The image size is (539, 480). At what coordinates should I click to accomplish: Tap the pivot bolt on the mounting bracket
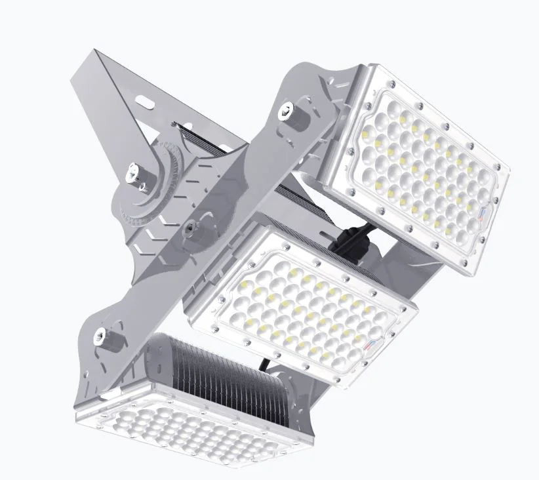[134, 173]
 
